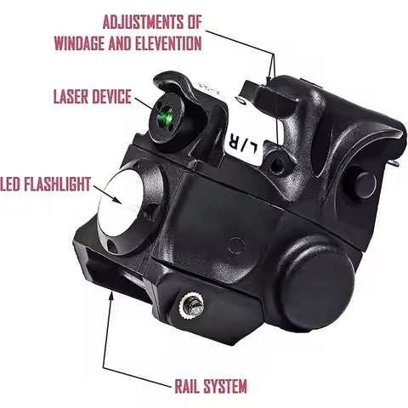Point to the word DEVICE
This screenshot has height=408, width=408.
click(x=113, y=96)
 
